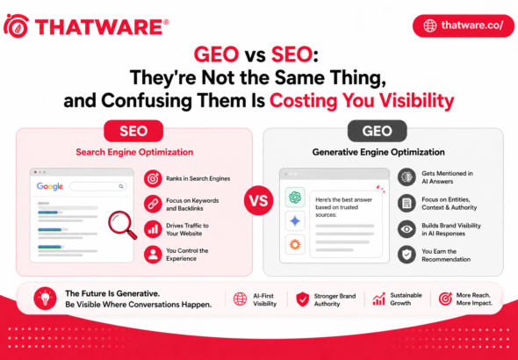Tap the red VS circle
point(258,201)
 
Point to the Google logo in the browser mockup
point(49,187)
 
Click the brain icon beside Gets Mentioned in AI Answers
point(406,177)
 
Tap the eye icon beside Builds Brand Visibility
point(406,229)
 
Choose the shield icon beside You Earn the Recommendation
point(406,255)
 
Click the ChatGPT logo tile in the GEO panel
point(294,197)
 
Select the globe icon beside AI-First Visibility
point(240,299)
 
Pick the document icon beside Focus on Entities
point(406,204)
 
